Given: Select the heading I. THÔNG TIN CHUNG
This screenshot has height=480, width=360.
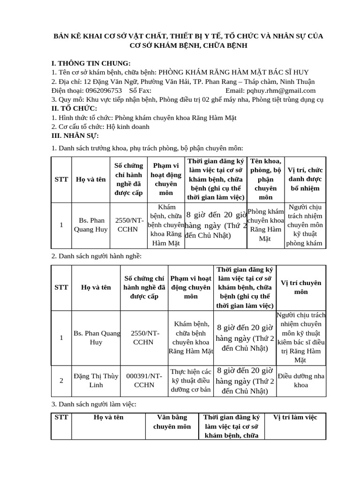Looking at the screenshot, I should [x=91, y=63].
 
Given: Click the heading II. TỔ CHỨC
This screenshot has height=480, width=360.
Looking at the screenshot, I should [x=74, y=108].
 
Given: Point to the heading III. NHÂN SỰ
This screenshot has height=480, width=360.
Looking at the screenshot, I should [x=75, y=135].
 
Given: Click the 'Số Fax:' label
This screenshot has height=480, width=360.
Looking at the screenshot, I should [x=140, y=90].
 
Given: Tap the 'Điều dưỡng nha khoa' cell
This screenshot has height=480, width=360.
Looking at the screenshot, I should [x=300, y=381].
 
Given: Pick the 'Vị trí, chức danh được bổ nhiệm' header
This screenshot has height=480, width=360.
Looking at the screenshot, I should [x=305, y=179].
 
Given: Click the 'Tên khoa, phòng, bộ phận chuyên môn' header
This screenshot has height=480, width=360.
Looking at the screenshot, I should [x=265, y=179].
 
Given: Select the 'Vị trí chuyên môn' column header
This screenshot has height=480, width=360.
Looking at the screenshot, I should [x=300, y=287].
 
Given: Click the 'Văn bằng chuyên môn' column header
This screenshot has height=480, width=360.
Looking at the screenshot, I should [x=172, y=422].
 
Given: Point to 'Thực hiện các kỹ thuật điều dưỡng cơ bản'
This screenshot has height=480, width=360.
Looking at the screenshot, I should [x=191, y=381].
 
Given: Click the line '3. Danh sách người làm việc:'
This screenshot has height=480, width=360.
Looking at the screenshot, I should [x=94, y=404].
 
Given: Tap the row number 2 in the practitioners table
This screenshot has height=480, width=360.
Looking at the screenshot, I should [x=61, y=381].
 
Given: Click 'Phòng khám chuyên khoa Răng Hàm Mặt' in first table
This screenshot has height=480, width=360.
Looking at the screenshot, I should [x=265, y=225].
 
